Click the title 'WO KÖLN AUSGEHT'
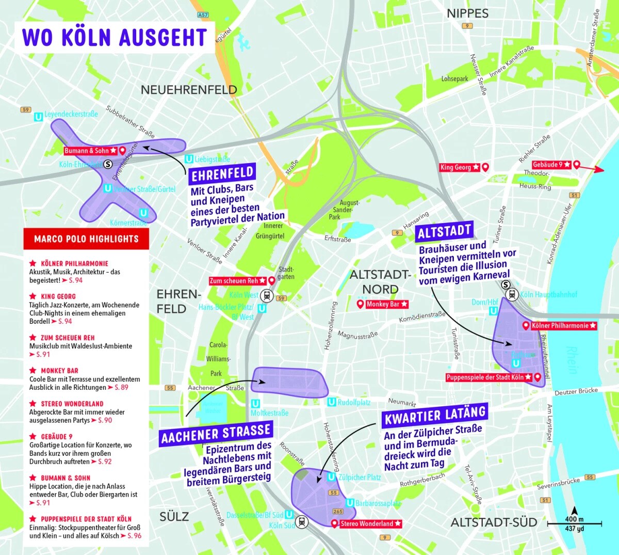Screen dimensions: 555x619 115,37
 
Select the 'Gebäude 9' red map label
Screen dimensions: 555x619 551,165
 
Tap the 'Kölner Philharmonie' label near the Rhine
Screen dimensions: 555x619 564,326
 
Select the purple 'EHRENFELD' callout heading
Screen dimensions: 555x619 222,175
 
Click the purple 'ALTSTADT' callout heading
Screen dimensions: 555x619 444,232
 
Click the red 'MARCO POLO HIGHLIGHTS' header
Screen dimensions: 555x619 86,239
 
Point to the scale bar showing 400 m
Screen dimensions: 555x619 574,524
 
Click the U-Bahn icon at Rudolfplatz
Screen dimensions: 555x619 332,402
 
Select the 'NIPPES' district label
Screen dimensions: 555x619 467,14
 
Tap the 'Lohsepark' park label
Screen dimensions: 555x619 454,79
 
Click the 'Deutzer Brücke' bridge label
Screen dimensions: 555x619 576,391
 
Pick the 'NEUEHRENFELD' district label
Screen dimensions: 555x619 189,90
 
